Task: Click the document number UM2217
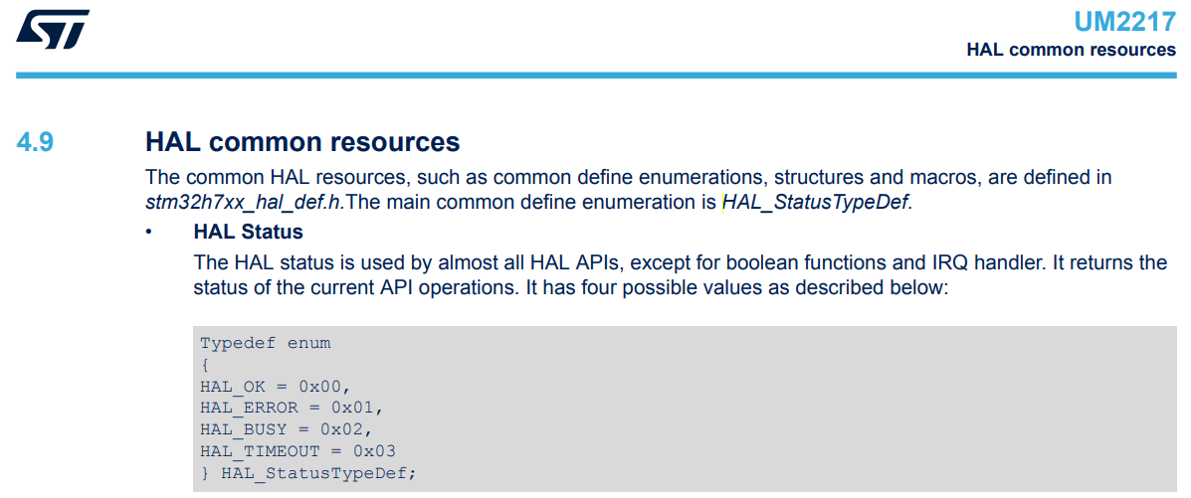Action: (1124, 22)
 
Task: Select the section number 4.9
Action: (35, 142)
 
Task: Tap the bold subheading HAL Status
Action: (248, 233)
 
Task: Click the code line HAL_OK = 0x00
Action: (276, 386)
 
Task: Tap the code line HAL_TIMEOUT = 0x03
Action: (298, 451)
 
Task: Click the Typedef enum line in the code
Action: (266, 343)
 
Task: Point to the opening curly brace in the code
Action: (205, 365)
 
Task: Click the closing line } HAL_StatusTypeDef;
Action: (307, 473)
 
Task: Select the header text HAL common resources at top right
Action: (1071, 50)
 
